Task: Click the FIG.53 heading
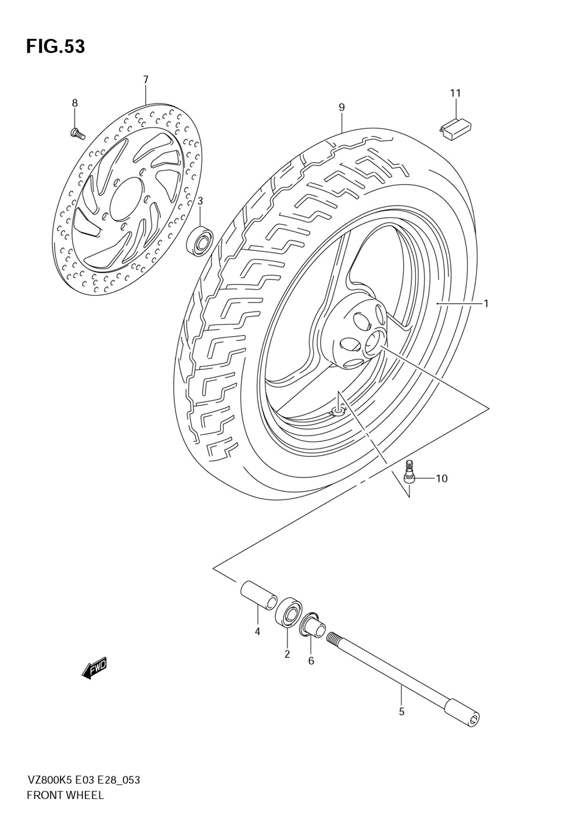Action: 55,46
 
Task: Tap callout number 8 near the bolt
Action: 74,103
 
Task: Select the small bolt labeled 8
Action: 77,134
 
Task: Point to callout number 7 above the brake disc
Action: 146,80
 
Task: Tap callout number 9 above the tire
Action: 342,107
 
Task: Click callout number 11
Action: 455,93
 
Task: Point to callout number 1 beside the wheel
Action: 486,303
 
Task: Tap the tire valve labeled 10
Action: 410,471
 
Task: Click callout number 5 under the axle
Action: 401,711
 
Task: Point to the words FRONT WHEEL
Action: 65,795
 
